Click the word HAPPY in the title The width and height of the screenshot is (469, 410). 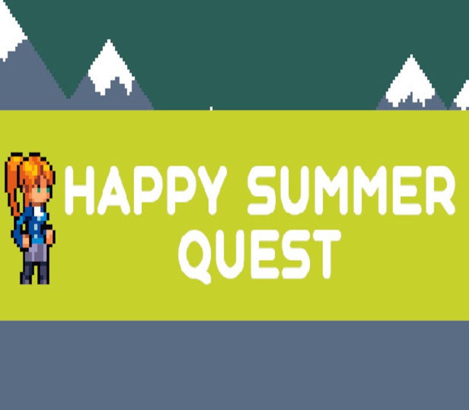click(144, 190)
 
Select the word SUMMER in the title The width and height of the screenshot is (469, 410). click(351, 190)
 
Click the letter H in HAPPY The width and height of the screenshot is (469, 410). click(80, 190)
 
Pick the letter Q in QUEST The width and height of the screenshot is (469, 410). click(195, 256)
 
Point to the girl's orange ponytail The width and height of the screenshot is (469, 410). click(14, 182)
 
